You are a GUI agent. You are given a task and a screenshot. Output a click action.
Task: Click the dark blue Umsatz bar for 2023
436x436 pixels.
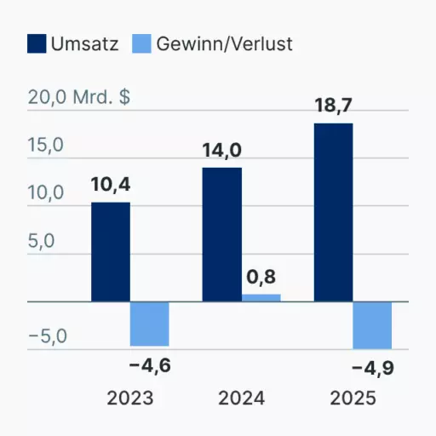tap(111, 252)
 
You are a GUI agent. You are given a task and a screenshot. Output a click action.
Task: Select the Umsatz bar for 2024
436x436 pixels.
tap(222, 234)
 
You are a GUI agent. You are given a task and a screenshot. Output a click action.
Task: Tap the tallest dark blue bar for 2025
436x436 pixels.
tap(334, 212)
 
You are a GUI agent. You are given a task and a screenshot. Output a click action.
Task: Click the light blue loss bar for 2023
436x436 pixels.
tap(150, 324)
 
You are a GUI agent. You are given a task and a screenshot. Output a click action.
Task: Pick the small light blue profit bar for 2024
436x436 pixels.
tap(261, 298)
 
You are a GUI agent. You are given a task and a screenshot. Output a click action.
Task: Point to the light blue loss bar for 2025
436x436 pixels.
tap(372, 325)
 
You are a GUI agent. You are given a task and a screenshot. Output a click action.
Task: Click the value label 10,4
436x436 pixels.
tap(111, 185)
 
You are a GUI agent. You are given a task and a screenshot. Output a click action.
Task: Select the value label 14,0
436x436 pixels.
tap(222, 151)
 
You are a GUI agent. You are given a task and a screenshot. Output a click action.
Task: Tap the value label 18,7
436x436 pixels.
tap(334, 106)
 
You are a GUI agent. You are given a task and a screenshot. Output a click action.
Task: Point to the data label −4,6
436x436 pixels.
tap(150, 365)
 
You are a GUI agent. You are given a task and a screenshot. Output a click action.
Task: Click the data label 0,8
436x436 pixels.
tap(261, 277)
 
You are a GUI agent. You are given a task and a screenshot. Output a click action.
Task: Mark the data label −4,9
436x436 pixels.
tap(373, 369)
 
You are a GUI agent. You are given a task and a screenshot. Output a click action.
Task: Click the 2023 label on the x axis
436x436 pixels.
tap(130, 398)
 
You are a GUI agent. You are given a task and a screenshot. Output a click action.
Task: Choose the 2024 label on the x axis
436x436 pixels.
tap(242, 398)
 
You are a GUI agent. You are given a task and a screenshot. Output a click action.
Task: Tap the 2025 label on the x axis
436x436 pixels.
tap(353, 398)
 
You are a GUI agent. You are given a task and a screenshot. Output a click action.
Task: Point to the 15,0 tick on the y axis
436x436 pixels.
tap(46, 146)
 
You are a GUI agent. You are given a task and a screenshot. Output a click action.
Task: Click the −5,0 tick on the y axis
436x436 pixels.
tap(48, 336)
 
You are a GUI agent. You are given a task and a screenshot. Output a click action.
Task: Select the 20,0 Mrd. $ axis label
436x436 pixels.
tap(79, 97)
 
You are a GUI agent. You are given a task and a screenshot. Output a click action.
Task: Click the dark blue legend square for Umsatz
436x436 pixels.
tap(37, 43)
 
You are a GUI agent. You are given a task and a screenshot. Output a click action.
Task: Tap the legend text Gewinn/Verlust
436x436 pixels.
tap(224, 44)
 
